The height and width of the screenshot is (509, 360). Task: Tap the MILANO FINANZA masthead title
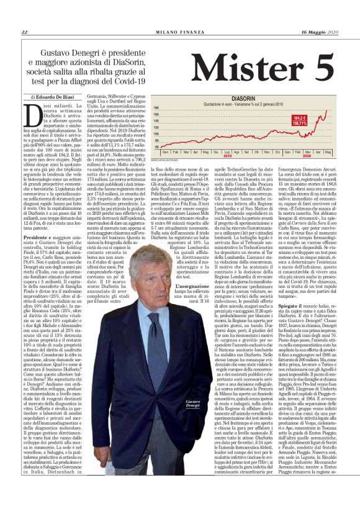[x=179, y=32]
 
